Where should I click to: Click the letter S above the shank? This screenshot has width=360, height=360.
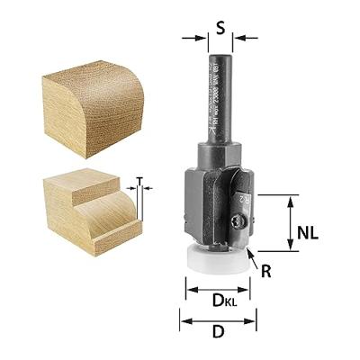click(x=220, y=27)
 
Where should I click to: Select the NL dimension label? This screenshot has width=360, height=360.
click(x=307, y=232)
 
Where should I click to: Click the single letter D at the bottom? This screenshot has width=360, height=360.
click(x=218, y=331)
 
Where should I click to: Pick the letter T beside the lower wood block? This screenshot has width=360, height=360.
click(x=139, y=180)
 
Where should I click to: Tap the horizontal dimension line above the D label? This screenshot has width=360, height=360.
click(x=218, y=317)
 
